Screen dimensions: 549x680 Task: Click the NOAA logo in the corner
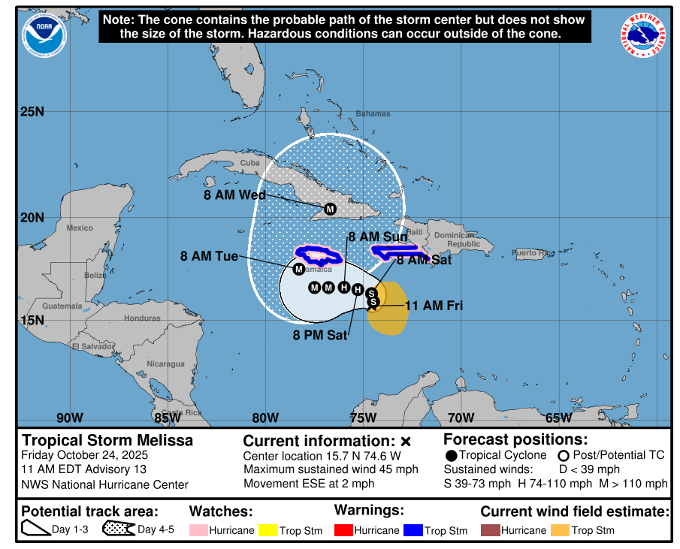pyautogui.click(x=44, y=35)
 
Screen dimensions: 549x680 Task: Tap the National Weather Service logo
pyautogui.click(x=642, y=35)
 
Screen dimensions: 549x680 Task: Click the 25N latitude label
pyautogui.click(x=32, y=113)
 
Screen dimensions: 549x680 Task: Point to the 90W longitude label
pyautogui.click(x=69, y=418)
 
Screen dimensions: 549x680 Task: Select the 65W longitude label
pyautogui.click(x=558, y=418)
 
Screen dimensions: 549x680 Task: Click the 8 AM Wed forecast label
pyautogui.click(x=234, y=195)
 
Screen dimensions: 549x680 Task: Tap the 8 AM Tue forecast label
pyautogui.click(x=209, y=256)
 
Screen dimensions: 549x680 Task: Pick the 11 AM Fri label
pyautogui.click(x=434, y=306)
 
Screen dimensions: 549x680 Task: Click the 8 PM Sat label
pyautogui.click(x=320, y=336)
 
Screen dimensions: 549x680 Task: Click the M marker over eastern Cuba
pyautogui.click(x=329, y=209)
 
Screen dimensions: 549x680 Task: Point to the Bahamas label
pyautogui.click(x=373, y=114)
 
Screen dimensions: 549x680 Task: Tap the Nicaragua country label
pyautogui.click(x=165, y=364)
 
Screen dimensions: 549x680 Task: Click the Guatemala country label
pyautogui.click(x=62, y=306)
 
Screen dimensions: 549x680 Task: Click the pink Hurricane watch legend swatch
pyautogui.click(x=198, y=530)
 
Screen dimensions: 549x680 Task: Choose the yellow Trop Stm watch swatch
pyautogui.click(x=267, y=530)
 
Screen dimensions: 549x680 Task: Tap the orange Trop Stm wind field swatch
pyautogui.click(x=560, y=530)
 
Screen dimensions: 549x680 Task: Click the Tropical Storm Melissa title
pyautogui.click(x=107, y=441)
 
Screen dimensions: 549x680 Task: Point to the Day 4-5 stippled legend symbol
pyautogui.click(x=118, y=529)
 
